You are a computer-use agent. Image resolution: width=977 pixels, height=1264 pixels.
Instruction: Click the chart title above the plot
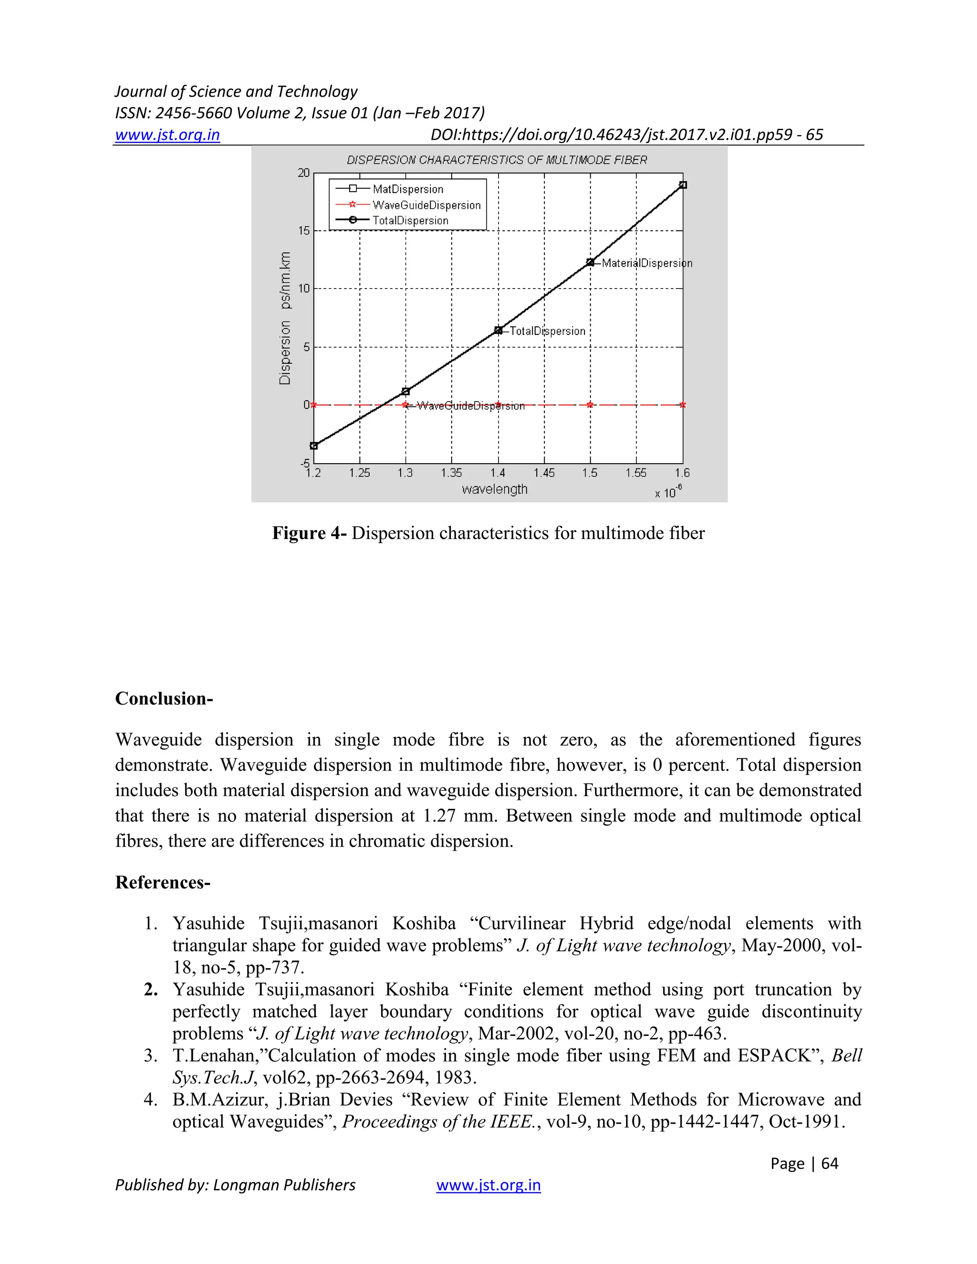pos(497,160)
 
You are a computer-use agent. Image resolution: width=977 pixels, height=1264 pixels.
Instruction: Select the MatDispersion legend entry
pos(407,189)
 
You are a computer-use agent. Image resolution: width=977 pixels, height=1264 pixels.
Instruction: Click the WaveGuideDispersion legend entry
pos(426,205)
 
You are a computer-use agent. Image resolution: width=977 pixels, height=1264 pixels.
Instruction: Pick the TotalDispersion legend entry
pos(410,220)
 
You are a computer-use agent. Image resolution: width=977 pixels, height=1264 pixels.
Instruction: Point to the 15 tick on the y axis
pos(304,231)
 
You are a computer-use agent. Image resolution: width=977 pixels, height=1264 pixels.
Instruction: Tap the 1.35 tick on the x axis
pos(451,473)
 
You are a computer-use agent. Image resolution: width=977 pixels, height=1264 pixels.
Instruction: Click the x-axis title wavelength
pos(494,489)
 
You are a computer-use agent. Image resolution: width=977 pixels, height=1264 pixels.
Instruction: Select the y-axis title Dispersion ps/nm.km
pos(285,318)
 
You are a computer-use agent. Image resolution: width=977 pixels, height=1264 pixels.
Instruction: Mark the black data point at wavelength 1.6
pos(683,185)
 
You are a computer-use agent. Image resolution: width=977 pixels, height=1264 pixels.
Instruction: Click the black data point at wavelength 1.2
pos(314,446)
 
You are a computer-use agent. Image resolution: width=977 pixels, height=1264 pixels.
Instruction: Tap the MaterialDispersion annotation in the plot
pos(646,263)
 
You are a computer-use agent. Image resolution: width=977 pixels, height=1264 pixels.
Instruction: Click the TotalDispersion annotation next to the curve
pos(547,331)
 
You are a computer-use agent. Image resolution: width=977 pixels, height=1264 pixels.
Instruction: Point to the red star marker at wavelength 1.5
pos(590,404)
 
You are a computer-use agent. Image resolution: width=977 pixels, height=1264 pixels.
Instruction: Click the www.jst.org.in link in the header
pos(167,135)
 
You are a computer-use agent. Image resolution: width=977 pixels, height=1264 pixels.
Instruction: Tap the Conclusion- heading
pos(164,699)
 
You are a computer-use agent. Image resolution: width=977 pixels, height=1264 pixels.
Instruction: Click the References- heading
pos(163,882)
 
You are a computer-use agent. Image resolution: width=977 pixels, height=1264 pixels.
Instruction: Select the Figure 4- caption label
pos(309,533)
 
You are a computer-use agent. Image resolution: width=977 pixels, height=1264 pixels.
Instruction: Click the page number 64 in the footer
pos(830,1163)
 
